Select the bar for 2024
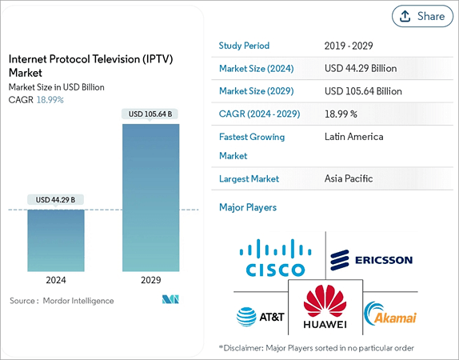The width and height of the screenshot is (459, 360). [x=55, y=239]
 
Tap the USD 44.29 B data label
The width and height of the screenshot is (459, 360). [x=55, y=199]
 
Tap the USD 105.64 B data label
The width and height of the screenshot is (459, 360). [x=150, y=114]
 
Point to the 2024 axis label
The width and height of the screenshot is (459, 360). [x=55, y=281]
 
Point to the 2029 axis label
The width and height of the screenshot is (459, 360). [x=150, y=281]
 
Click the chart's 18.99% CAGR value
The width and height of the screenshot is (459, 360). [x=50, y=100]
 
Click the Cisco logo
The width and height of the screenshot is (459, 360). [x=275, y=258]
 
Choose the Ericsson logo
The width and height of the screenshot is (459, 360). [x=372, y=258]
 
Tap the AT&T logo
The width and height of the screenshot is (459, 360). [x=260, y=316]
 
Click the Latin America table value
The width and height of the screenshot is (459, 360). [x=353, y=137]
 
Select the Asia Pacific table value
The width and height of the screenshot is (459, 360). [x=349, y=178]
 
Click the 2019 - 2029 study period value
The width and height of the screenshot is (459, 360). [x=349, y=46]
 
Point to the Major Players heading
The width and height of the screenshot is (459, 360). [x=248, y=207]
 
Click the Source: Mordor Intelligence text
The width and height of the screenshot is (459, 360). [x=62, y=301]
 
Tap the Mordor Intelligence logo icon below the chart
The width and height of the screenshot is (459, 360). [x=170, y=301]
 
